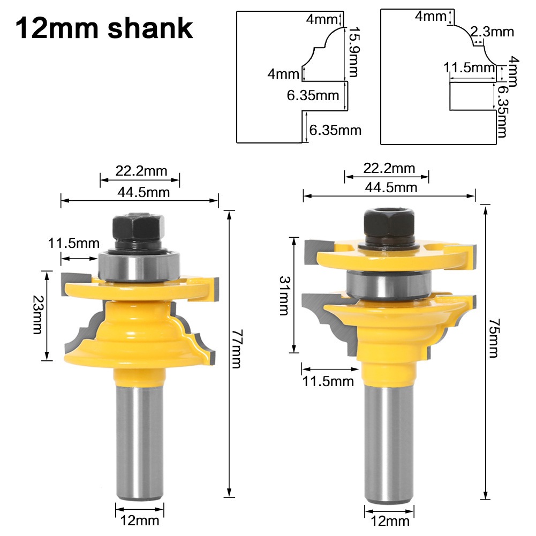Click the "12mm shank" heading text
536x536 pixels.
104,29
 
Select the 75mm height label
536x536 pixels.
493,338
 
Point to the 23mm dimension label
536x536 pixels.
37,314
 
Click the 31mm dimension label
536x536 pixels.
284,296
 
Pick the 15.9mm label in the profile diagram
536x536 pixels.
353,52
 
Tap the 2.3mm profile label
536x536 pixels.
492,32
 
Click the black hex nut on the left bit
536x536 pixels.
139,227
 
